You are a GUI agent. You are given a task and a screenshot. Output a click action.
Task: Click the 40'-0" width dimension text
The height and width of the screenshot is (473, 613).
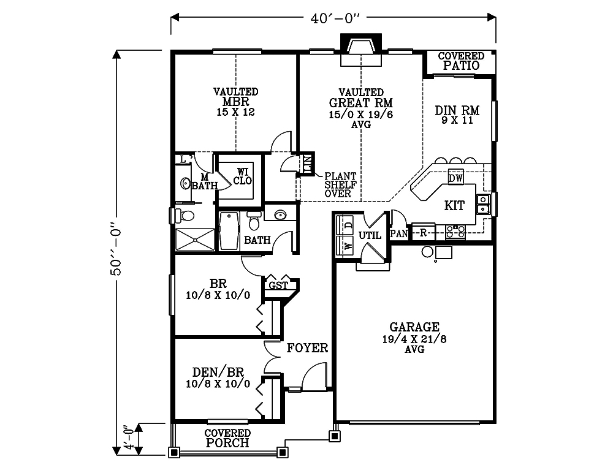click(335, 18)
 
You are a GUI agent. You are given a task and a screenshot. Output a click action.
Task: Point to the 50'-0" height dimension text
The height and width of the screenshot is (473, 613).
click(116, 249)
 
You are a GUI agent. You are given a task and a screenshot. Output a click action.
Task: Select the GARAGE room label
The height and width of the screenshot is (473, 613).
click(414, 327)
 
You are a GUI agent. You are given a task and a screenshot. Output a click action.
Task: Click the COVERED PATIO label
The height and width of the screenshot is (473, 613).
click(461, 61)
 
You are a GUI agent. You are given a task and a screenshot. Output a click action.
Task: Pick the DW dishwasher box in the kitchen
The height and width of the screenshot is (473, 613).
click(456, 178)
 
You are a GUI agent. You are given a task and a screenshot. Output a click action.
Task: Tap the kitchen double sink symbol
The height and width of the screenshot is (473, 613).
click(483, 204)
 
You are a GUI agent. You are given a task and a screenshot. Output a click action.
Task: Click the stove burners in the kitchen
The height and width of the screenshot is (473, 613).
click(455, 231)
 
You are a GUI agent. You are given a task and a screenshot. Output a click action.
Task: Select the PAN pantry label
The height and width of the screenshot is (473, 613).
click(399, 234)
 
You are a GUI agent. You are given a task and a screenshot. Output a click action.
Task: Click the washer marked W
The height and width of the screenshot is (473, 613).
click(345, 246)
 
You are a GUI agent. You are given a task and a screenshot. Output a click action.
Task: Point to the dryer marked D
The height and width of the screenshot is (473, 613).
click(345, 225)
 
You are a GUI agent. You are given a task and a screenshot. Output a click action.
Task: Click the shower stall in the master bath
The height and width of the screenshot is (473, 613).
click(195, 240)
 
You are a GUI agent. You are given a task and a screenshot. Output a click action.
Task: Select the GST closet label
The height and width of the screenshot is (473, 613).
click(278, 286)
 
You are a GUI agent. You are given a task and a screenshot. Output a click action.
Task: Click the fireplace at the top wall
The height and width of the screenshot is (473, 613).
click(361, 50)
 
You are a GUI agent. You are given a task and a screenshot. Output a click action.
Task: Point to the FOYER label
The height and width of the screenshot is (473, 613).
click(307, 348)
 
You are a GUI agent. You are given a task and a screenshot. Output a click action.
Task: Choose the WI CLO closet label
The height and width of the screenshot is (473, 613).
click(243, 176)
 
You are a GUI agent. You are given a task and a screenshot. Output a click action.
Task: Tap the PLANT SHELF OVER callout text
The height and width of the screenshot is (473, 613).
click(340, 185)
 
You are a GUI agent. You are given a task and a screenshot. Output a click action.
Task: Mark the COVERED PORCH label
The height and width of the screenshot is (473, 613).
click(227, 438)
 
